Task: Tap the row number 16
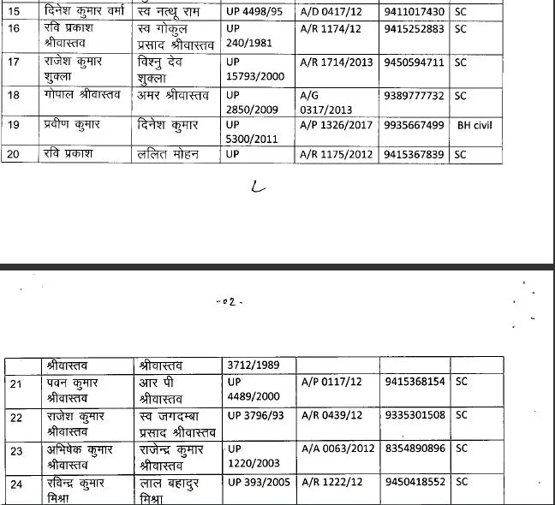pyautogui.click(x=14, y=29)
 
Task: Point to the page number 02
pyautogui.click(x=229, y=301)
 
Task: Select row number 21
pyautogui.click(x=14, y=383)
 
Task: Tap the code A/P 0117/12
pyautogui.click(x=332, y=383)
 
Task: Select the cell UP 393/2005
pyautogui.click(x=259, y=483)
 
